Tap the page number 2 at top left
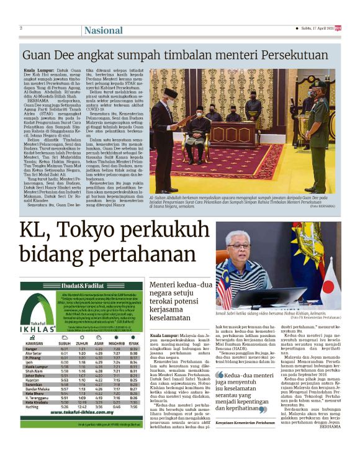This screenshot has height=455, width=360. pos(21,28)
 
